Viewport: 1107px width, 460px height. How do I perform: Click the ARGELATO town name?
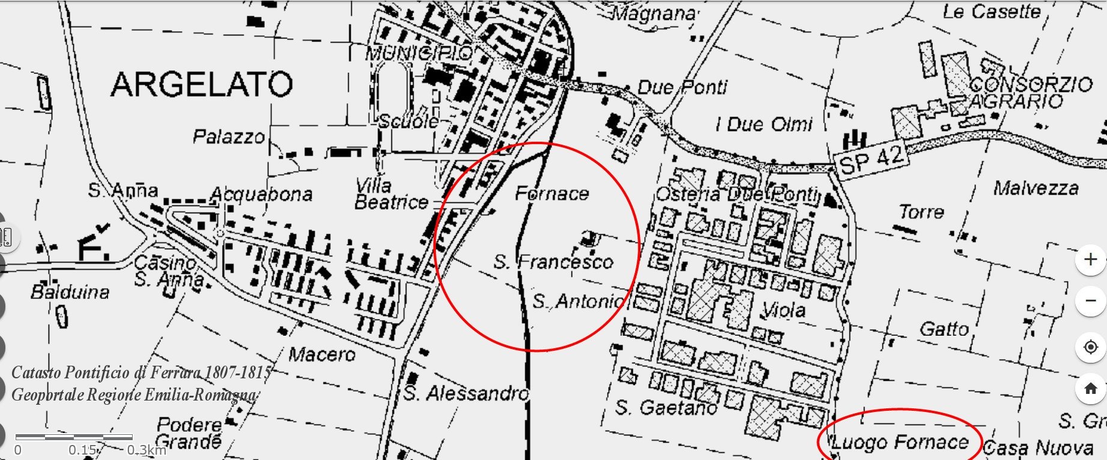coord(202,84)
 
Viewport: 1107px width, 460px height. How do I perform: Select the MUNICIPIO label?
coord(420,53)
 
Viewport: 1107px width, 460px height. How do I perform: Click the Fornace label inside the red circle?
coord(552,193)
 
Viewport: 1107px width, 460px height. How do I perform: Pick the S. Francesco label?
coord(553,262)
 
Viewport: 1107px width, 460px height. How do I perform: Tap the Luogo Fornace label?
coord(900,443)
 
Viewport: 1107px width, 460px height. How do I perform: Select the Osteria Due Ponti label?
coord(737,195)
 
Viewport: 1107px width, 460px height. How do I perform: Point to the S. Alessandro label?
coord(466,393)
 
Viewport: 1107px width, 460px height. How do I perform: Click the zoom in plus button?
coord(1091,259)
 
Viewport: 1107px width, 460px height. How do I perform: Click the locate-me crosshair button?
coord(1091,347)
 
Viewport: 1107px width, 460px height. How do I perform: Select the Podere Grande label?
coord(189,434)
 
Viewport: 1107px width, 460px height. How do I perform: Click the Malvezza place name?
coord(1036,188)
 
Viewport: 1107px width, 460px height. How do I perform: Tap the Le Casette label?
coord(991,11)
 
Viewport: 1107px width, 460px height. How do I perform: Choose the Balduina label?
coord(70,292)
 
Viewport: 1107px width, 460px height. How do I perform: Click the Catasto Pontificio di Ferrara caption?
coord(142,373)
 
